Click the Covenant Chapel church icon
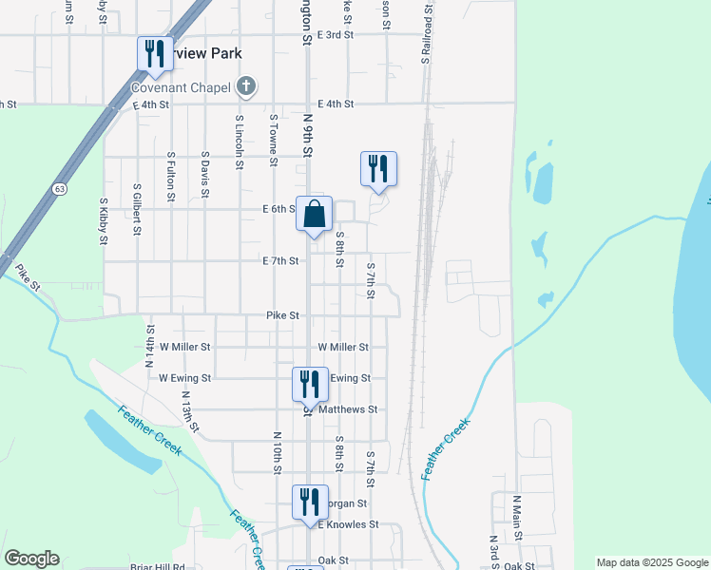pos(246,87)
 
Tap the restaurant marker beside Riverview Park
pos(154,54)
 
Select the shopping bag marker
pos(315,215)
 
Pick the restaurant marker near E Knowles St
pos(310,503)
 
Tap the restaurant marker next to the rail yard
pos(378,169)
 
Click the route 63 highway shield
pos(60,189)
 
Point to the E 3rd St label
pos(336,34)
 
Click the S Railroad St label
pos(427,39)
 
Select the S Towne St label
pos(273,140)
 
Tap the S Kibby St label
pos(104,220)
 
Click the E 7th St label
pos(280,260)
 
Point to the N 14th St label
pos(149,346)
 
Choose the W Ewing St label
pos(184,378)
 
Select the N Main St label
pos(518,518)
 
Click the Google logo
pos(31,559)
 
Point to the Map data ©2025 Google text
pos(651,562)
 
